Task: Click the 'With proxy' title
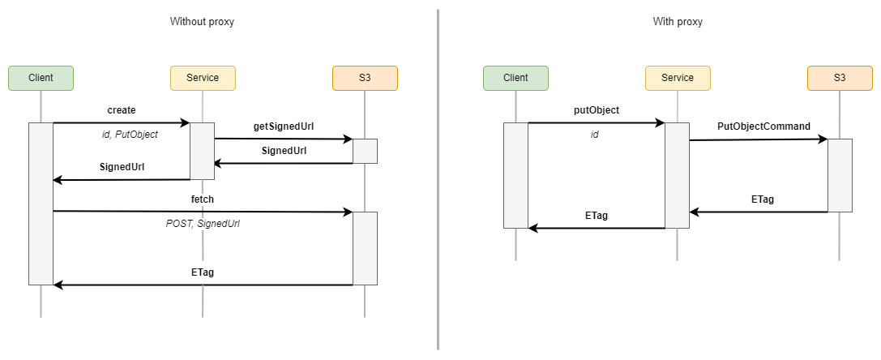pos(678,22)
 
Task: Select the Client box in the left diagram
pos(41,78)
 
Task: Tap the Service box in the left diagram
pos(203,78)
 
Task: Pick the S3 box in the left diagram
pos(365,78)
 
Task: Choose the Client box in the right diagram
pos(515,78)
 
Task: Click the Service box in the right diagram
pos(678,78)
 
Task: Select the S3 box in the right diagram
pos(840,78)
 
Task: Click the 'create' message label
pos(122,109)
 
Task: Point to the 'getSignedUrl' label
pos(284,126)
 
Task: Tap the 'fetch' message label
pos(203,199)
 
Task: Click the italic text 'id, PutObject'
pos(130,135)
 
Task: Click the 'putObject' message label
pos(596,109)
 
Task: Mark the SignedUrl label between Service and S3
pos(284,151)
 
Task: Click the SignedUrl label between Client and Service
pos(122,166)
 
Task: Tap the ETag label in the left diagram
pos(203,272)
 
